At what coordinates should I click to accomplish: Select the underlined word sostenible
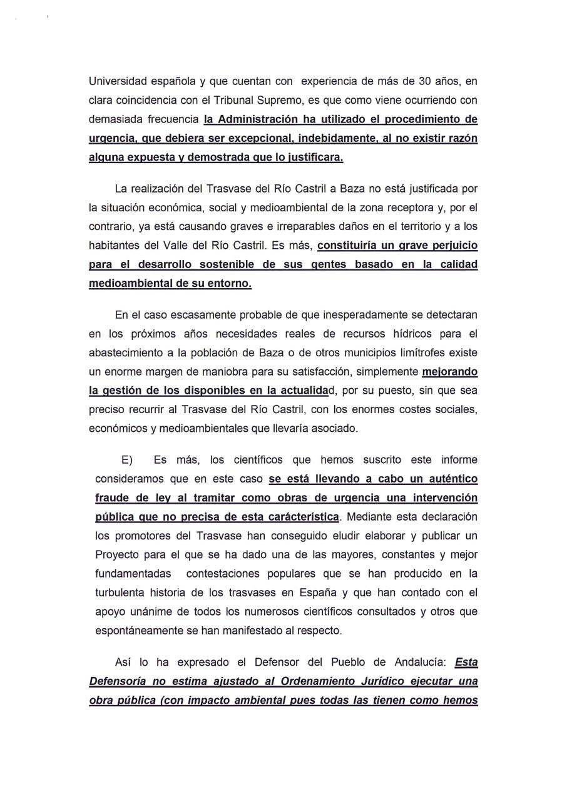pyautogui.click(x=223, y=264)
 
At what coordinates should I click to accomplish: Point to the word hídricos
pyautogui.click(x=410, y=334)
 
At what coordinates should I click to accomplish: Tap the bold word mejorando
pyautogui.click(x=450, y=372)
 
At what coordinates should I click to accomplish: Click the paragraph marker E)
pyautogui.click(x=127, y=460)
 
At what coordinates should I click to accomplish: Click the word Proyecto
pyautogui.click(x=118, y=555)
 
